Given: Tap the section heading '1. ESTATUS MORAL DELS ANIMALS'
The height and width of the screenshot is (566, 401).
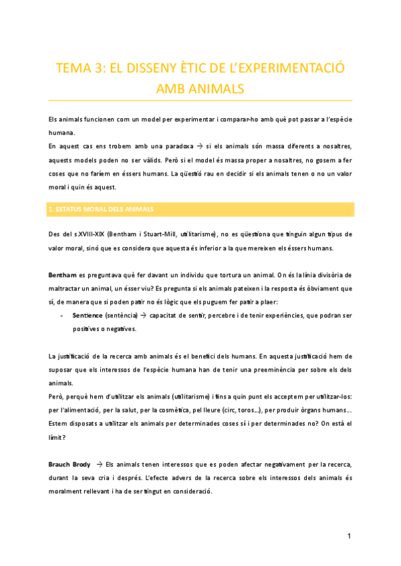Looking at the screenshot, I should coord(101,210).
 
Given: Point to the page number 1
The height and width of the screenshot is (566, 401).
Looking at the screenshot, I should coord(350,537).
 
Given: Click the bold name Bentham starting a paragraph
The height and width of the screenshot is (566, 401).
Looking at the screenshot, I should coord(63,276).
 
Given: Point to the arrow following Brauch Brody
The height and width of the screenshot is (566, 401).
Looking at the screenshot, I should coord(100,464).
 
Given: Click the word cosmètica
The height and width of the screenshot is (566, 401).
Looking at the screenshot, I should coord(181,410).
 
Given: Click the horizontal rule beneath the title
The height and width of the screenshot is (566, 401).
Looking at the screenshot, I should coord(200,100).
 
